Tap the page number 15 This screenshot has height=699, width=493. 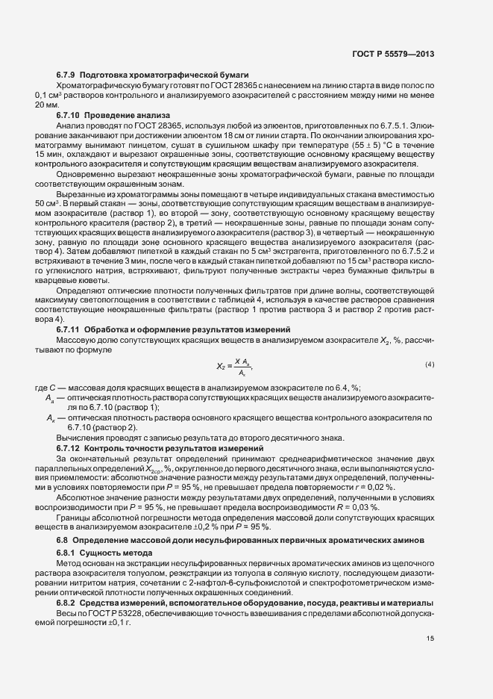point(430,638)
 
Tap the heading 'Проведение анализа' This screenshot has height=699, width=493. point(127,115)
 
